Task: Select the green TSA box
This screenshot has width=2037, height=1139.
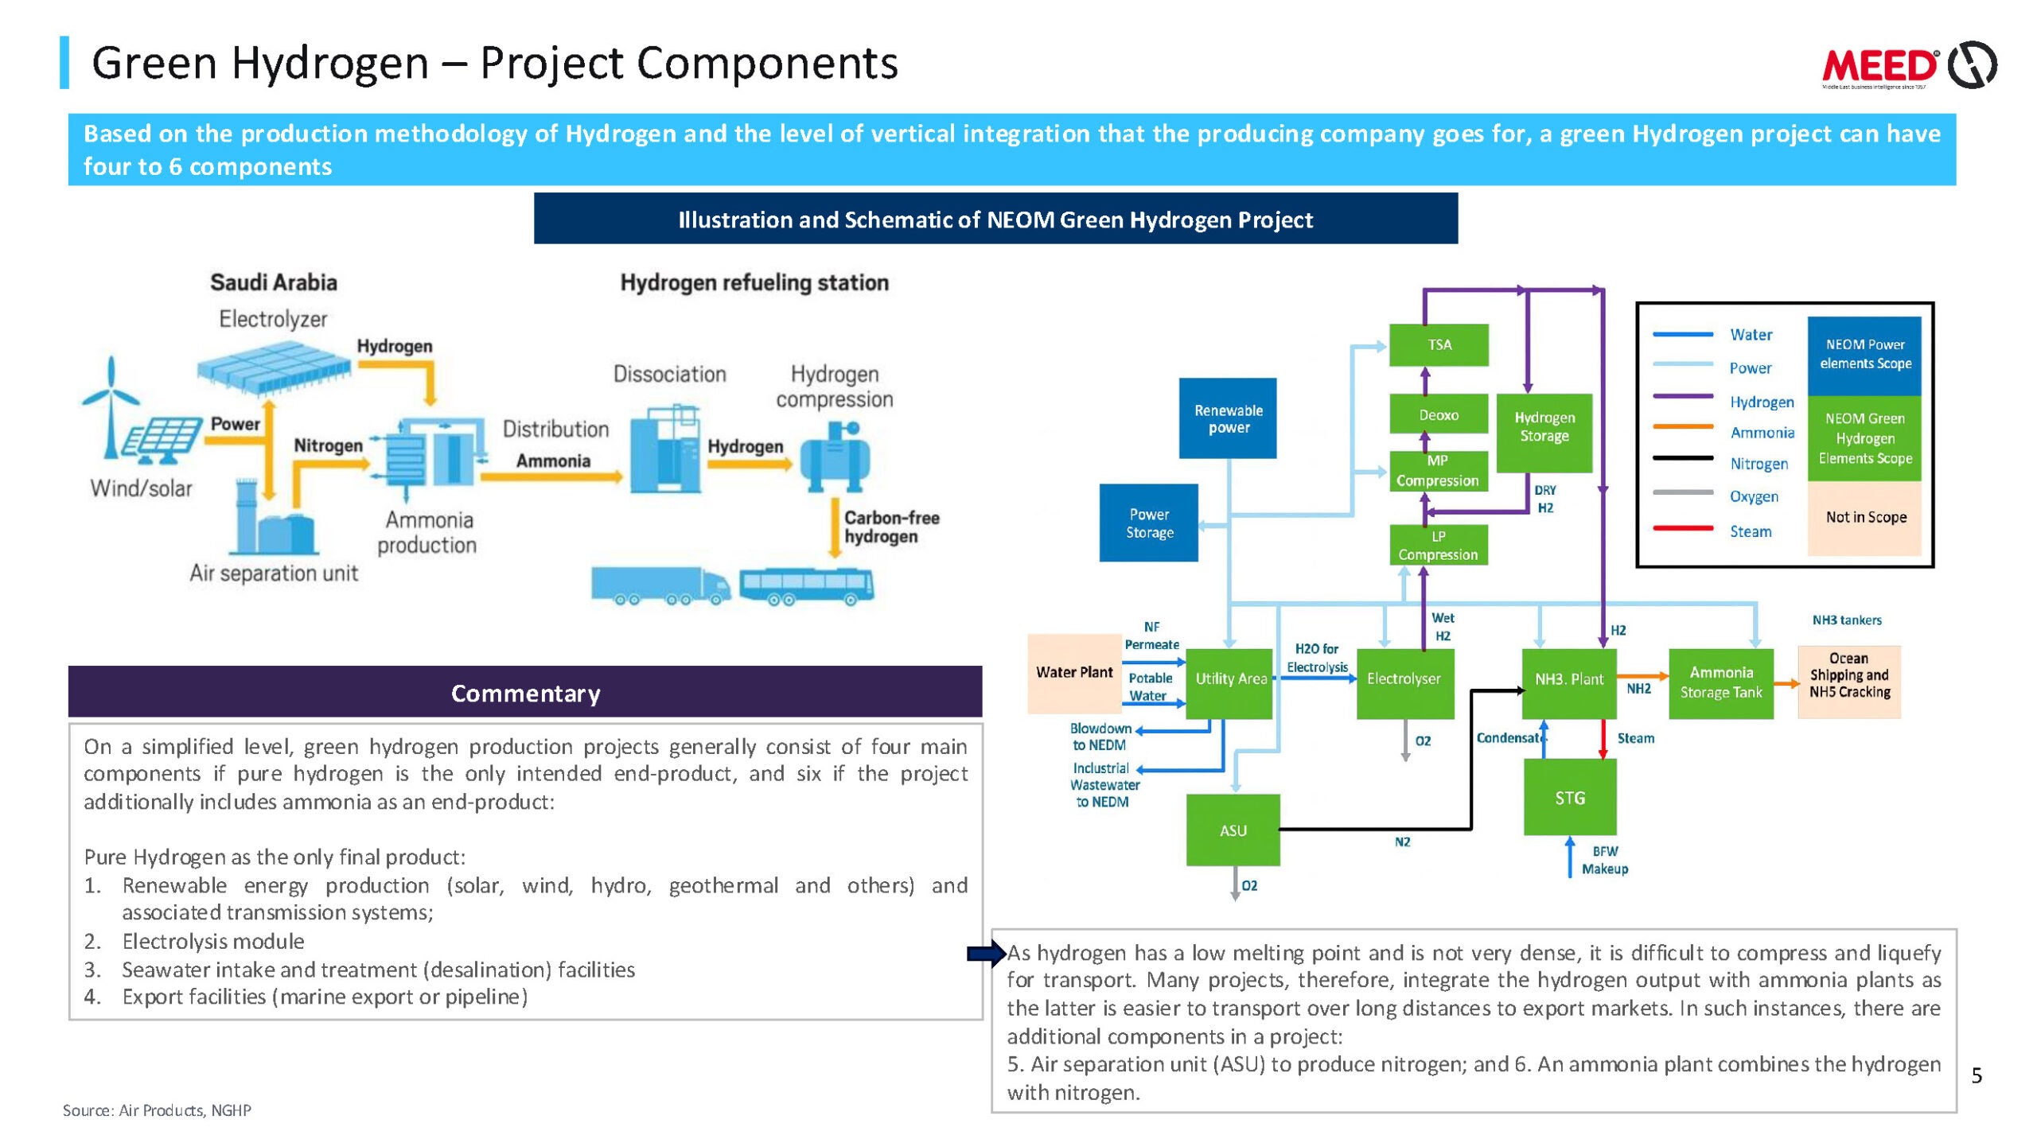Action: coord(1439,344)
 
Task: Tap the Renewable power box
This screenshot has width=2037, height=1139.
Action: coord(1228,418)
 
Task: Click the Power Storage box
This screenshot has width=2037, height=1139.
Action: coord(1148,523)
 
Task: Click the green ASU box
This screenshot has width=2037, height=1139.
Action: coord(1233,830)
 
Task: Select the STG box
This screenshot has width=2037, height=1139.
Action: coord(1570,797)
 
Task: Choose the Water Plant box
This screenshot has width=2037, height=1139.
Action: coord(1074,673)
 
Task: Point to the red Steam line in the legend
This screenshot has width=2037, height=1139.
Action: coord(1682,529)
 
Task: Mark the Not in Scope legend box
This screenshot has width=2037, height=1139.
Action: coord(1864,518)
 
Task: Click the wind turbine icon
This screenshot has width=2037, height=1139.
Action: coord(111,406)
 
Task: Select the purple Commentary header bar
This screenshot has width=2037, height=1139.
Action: coord(525,693)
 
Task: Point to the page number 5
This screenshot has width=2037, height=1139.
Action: coord(1977,1076)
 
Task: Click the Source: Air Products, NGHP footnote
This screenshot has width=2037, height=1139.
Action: coord(157,1110)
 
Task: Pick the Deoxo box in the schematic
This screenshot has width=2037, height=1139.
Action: coord(1439,414)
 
